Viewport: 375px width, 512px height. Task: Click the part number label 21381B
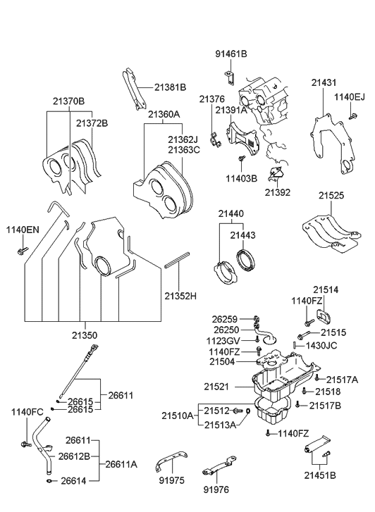coord(170,87)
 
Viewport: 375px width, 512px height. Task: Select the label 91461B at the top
coord(231,53)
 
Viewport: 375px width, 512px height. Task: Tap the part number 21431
coord(324,82)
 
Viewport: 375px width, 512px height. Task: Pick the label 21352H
coord(180,296)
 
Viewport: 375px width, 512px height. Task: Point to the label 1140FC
coord(26,412)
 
